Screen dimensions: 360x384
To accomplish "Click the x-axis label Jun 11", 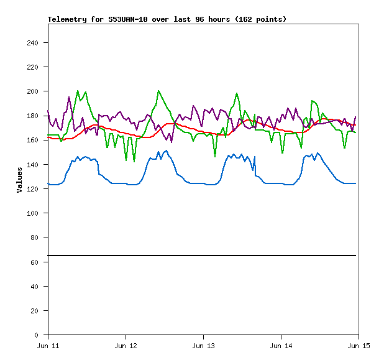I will (48, 344).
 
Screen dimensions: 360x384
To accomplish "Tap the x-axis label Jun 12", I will (126, 344).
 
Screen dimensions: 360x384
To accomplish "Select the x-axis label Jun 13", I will (204, 344).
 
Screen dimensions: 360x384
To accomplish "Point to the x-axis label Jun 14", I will (281, 344).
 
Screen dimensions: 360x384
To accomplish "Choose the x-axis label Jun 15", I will (359, 344).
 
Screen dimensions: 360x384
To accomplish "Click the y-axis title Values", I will (19, 179).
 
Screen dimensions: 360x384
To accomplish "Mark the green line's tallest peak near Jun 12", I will (158, 91).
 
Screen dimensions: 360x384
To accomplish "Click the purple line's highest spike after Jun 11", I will (69, 97).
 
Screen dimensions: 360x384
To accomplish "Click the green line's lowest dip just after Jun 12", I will (134, 162).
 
